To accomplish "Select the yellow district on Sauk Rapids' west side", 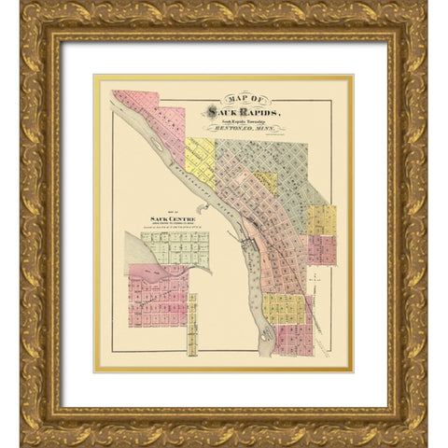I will [199, 158].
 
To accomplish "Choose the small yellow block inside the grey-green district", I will [266, 180].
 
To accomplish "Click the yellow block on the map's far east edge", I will [322, 219].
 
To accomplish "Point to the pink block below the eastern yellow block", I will [321, 249].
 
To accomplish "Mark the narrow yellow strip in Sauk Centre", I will [192, 326].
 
